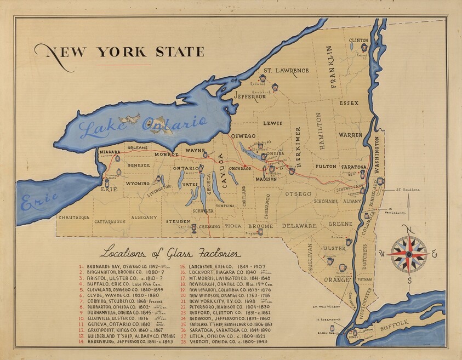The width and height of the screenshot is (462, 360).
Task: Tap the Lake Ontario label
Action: tap(142, 126)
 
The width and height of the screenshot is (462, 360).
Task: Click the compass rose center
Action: tap(407, 254)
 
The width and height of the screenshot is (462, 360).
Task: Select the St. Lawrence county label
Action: tap(286, 71)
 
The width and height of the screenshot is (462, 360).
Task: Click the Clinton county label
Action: tap(358, 40)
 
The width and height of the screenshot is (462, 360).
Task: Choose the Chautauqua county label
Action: tap(74, 218)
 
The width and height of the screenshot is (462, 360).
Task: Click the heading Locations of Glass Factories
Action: tap(170, 254)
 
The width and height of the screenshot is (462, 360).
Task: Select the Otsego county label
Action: tap(298, 194)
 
